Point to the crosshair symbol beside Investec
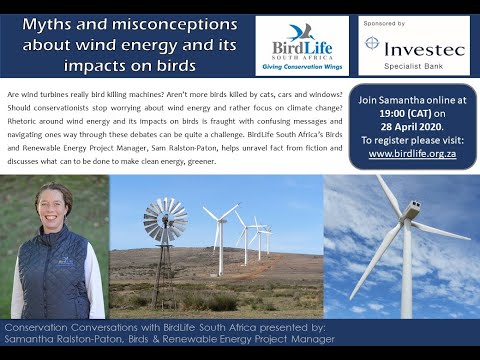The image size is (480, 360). [x=372, y=44]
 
